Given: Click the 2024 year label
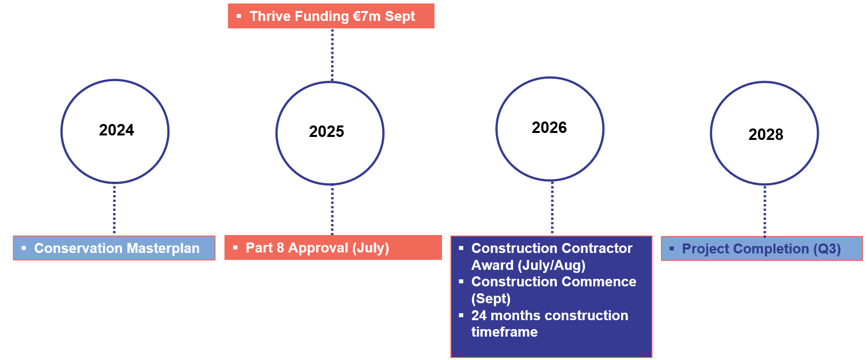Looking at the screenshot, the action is click(x=116, y=130).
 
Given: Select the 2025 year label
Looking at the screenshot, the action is click(x=326, y=131).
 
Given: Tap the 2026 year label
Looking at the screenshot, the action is click(x=549, y=127).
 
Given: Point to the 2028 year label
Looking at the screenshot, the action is click(x=766, y=134).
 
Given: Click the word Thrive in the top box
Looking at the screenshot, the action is click(x=270, y=16).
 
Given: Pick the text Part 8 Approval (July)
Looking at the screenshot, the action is click(x=318, y=248).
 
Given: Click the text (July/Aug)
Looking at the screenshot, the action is click(x=551, y=265).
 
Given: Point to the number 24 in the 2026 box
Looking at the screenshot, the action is click(x=479, y=316).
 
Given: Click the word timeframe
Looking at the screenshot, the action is click(x=504, y=332).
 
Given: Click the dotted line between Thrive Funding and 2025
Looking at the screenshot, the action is click(x=332, y=55).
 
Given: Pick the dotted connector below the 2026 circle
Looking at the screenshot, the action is click(x=552, y=208).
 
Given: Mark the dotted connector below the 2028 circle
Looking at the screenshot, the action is click(x=765, y=211).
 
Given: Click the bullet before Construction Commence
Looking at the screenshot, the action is click(x=461, y=281).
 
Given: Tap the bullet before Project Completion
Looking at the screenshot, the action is click(x=671, y=248).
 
